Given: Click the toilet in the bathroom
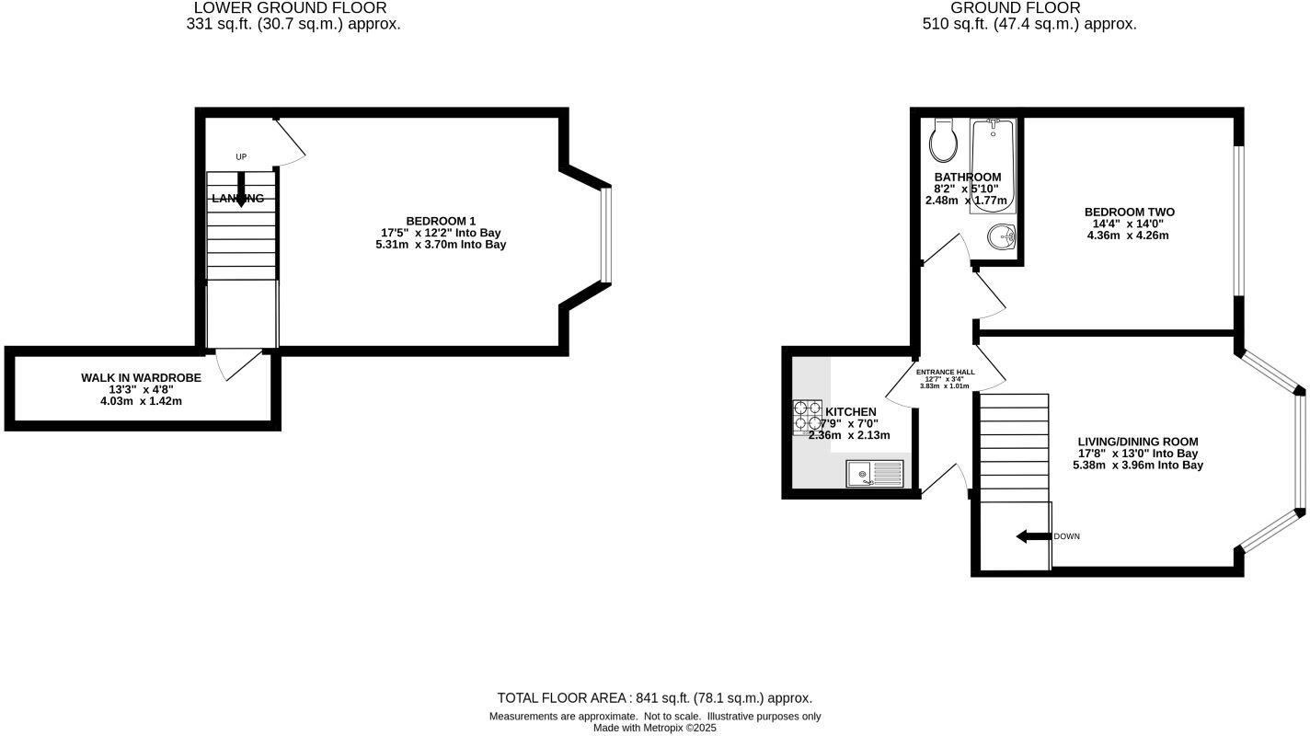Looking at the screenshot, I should (x=944, y=141).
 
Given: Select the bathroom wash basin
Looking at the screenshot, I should (x=1002, y=238).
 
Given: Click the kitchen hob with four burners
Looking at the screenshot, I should (x=808, y=417).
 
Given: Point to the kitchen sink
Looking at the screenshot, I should (x=875, y=474).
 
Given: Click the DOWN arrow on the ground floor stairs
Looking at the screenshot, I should (x=1033, y=536).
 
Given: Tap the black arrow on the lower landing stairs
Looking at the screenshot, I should (x=241, y=189).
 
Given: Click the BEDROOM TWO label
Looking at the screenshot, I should (x=1129, y=213).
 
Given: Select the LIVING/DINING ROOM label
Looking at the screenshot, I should (x=1138, y=442).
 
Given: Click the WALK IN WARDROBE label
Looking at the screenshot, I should (x=141, y=378).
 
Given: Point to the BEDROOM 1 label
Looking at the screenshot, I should (x=441, y=221).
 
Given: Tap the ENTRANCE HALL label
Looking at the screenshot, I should (x=945, y=372).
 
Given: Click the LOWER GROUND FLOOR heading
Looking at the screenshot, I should (x=290, y=8).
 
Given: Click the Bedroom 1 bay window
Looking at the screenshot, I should (x=605, y=235).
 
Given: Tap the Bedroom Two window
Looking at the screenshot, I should (x=1238, y=221).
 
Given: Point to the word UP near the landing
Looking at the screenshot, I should (x=241, y=157).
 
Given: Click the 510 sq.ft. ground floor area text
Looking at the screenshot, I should (x=1029, y=25).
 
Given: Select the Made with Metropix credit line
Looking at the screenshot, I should (x=654, y=728).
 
